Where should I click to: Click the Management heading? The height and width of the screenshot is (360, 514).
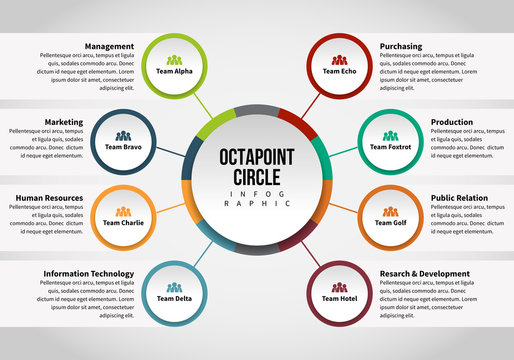(109, 46)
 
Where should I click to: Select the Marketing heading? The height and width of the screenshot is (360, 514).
(63, 122)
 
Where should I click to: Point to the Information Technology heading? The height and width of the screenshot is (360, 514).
(88, 274)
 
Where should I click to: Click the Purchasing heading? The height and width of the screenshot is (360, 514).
(401, 46)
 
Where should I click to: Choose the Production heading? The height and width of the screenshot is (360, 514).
(452, 122)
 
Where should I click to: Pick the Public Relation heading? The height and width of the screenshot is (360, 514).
(463, 198)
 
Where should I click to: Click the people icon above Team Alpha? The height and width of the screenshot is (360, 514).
(174, 61)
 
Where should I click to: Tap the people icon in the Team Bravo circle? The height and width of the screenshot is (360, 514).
(124, 136)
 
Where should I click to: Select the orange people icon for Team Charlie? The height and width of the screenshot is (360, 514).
(124, 211)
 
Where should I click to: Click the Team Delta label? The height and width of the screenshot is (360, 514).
(175, 298)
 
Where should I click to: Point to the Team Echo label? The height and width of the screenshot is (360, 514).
(339, 72)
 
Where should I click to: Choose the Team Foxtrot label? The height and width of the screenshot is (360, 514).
(390, 147)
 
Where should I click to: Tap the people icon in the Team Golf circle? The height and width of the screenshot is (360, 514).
(390, 211)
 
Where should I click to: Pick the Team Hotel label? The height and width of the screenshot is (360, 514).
(339, 298)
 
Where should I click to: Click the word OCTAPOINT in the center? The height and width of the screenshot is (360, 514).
(257, 158)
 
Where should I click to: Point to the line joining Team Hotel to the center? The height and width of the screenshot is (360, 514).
(309, 252)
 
